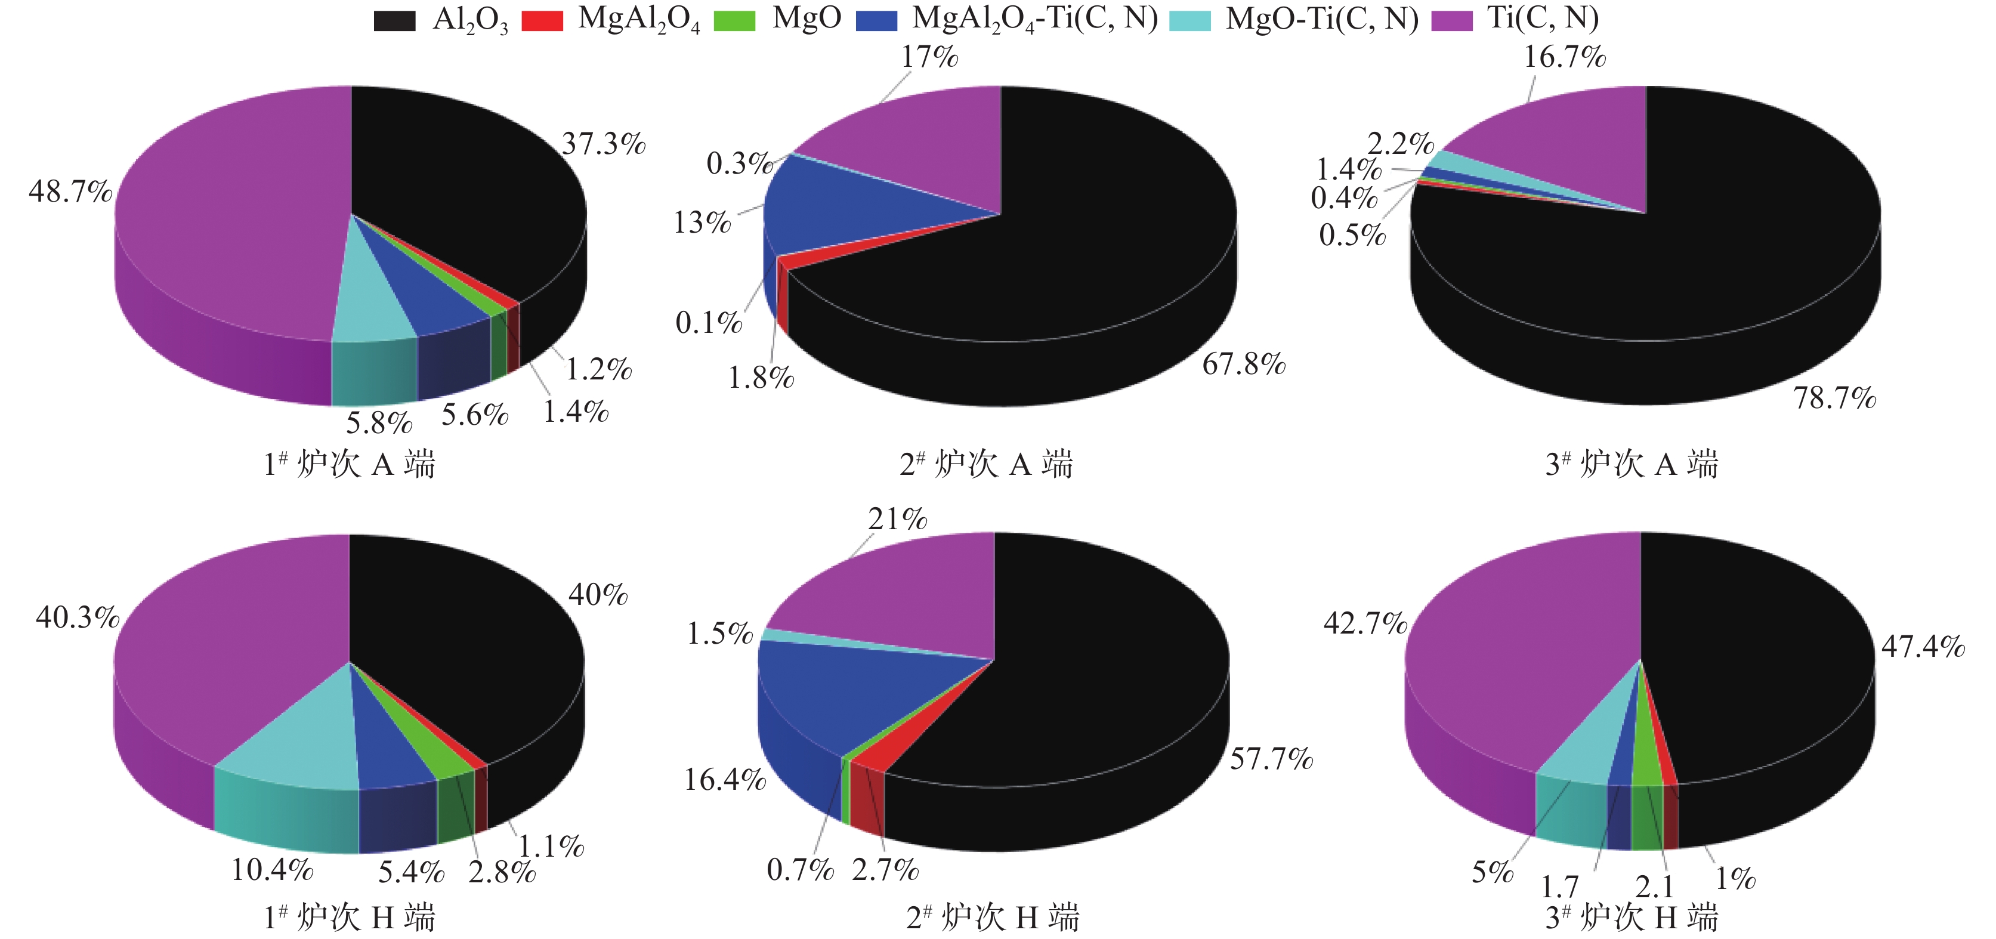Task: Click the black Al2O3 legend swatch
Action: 394,21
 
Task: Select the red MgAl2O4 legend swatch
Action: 542,21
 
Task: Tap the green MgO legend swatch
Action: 734,21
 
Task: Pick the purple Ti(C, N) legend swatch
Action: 1451,21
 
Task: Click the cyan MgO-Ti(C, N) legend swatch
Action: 1189,21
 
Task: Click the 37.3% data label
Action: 604,144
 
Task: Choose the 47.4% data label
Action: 1923,646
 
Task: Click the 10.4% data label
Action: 272,870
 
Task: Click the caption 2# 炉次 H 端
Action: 993,918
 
